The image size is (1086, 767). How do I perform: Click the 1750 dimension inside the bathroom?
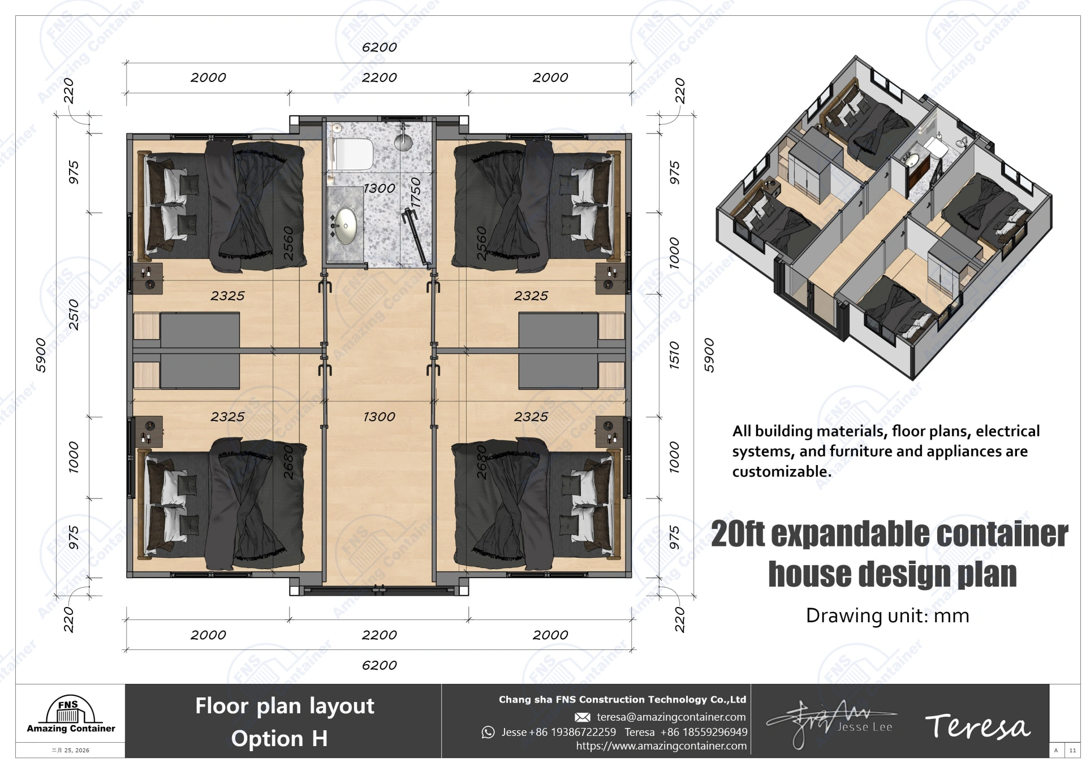(x=416, y=192)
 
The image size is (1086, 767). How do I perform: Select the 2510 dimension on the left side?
(x=74, y=314)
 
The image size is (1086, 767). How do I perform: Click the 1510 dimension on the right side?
(x=674, y=355)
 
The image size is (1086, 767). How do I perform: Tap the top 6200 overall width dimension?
(x=379, y=47)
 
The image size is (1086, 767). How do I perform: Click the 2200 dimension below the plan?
(x=379, y=635)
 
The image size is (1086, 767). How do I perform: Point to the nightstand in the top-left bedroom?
(x=148, y=278)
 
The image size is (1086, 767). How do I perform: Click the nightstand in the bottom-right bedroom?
(x=610, y=432)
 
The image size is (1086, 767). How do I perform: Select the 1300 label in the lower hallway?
(x=379, y=417)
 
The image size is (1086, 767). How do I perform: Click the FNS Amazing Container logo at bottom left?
(x=70, y=715)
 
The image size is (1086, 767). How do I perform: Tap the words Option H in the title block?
(x=279, y=739)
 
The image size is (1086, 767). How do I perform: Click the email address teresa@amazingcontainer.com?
(x=671, y=717)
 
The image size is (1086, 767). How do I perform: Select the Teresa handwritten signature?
(x=977, y=727)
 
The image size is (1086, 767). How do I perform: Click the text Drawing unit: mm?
(x=887, y=616)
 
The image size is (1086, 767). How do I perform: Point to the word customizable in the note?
(x=781, y=472)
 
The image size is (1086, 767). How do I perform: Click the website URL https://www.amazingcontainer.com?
(x=661, y=746)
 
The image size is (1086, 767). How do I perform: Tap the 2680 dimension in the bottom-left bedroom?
(x=289, y=462)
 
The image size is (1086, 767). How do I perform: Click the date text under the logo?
(x=71, y=751)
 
